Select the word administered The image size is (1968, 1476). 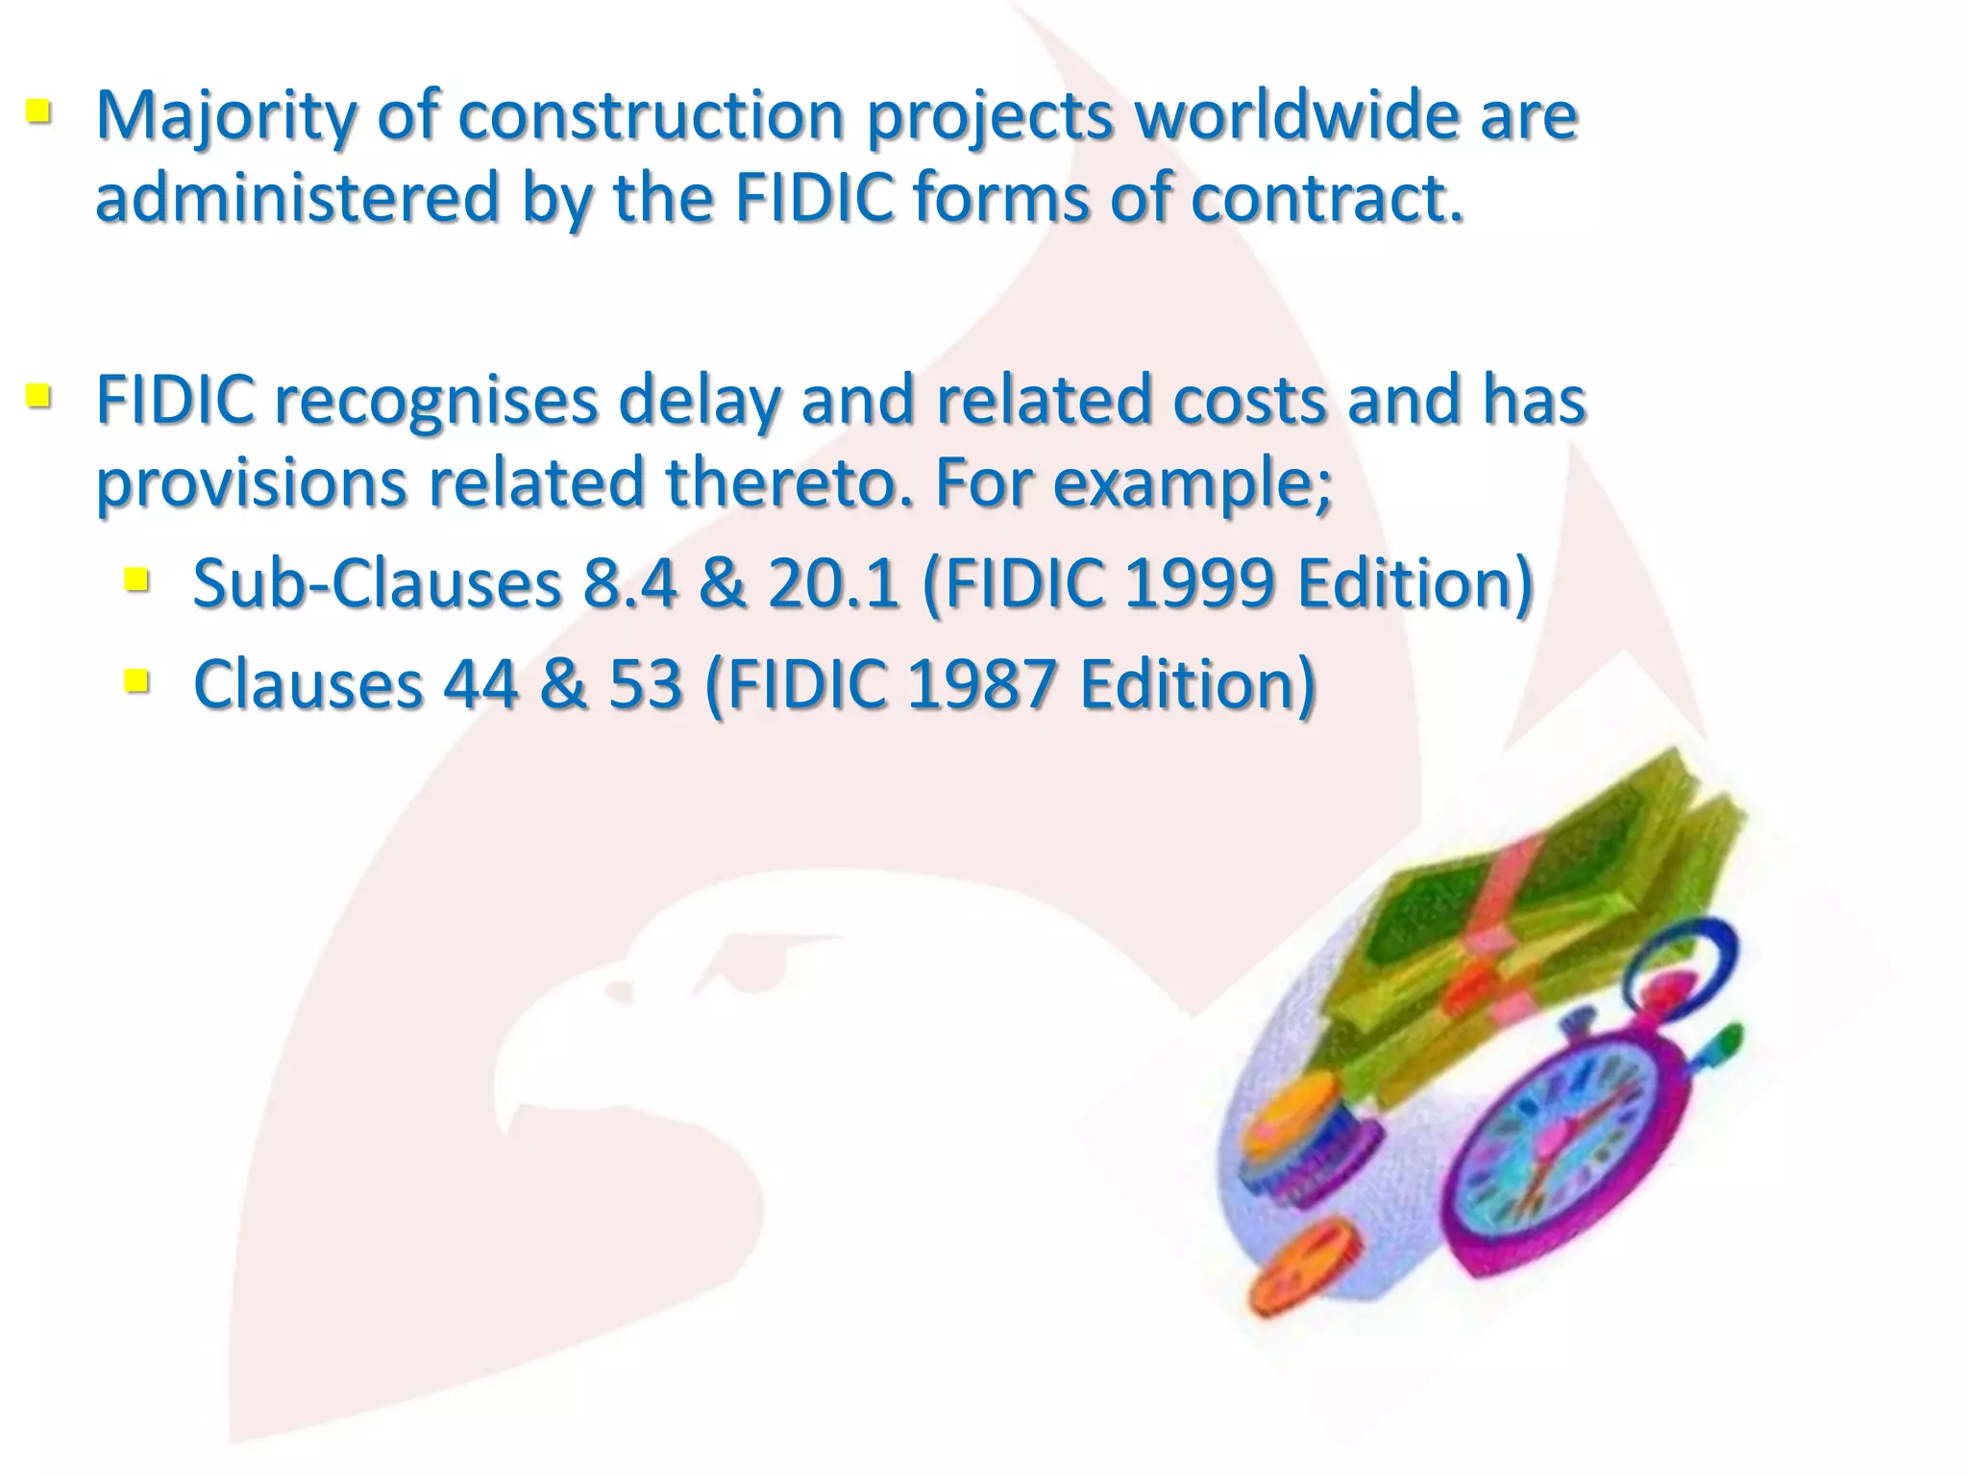[298, 198]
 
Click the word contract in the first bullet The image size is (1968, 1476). [1326, 198]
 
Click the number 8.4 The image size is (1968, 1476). [629, 583]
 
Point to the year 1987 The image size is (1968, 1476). [982, 684]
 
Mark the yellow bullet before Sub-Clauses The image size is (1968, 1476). [136, 578]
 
